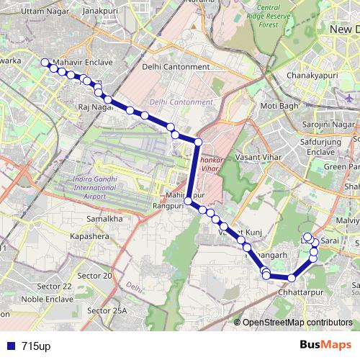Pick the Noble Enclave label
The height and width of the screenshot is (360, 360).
pos(48,299)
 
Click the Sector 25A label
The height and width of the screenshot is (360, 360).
pos(107,310)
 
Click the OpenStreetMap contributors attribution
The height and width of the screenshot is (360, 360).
pos(297,323)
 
